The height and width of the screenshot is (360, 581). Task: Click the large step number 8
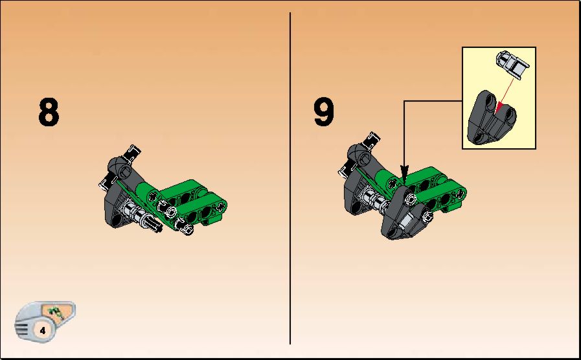point(49,112)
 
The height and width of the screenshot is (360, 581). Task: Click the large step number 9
point(323,112)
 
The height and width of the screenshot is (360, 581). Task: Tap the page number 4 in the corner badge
point(43,330)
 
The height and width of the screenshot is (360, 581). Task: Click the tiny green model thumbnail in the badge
point(56,313)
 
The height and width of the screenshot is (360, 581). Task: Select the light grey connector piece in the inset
point(513,64)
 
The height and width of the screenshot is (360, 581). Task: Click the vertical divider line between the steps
point(290,178)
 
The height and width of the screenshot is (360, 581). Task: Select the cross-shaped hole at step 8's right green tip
point(222,207)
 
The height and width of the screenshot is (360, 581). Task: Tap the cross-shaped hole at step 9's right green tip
point(461,194)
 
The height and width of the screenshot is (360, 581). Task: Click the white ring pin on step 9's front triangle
point(411,199)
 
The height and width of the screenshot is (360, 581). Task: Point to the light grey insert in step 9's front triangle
point(406,221)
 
